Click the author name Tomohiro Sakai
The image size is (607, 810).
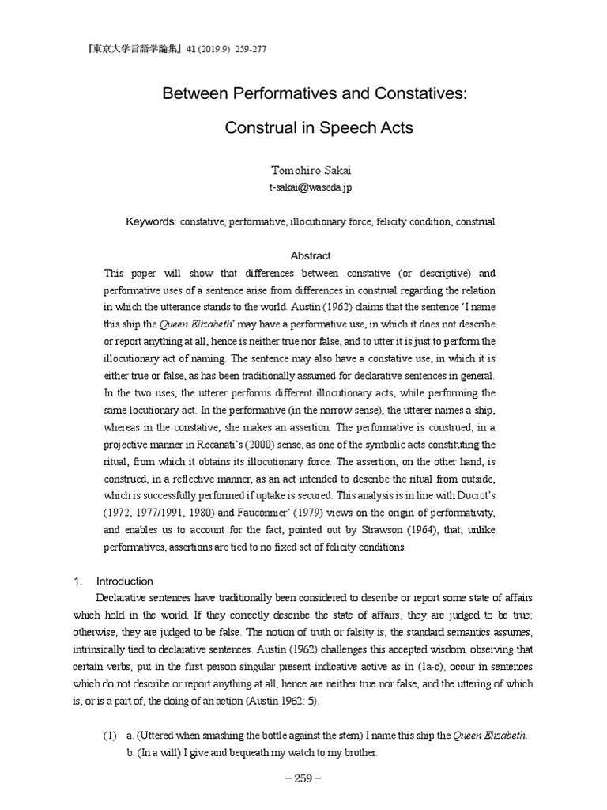coord(303,170)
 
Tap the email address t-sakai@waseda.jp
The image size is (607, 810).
coord(303,187)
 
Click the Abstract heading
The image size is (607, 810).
coord(311,256)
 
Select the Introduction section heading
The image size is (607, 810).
coord(125,581)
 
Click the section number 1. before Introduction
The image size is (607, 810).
coord(78,581)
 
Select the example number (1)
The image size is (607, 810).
coord(110,736)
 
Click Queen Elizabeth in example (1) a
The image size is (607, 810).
coord(489,736)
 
